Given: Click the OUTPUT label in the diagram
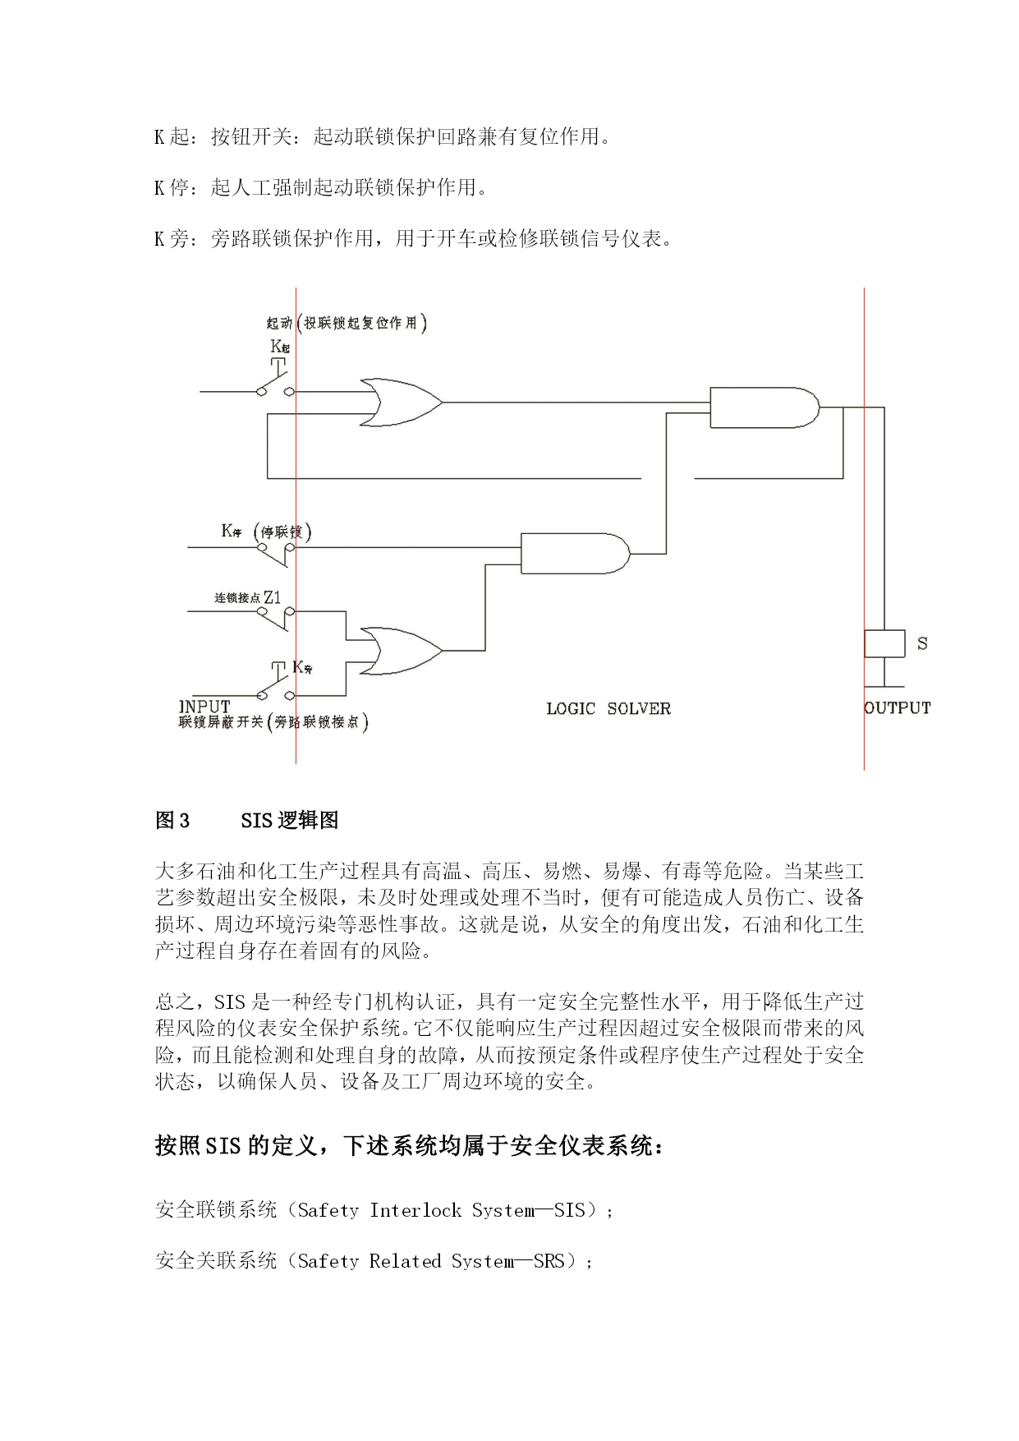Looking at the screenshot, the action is pyautogui.click(x=897, y=708).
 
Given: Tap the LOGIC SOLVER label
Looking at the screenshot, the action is pyautogui.click(x=608, y=708).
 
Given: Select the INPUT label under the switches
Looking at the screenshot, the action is pyautogui.click(x=204, y=707).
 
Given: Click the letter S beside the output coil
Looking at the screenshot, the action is pyautogui.click(x=922, y=643).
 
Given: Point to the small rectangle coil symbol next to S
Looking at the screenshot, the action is pyautogui.click(x=884, y=643).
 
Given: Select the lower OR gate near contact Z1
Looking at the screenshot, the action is pyautogui.click(x=402, y=651).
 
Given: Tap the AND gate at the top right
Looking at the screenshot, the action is pyautogui.click(x=764, y=407).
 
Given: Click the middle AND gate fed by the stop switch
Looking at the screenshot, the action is pyautogui.click(x=576, y=553).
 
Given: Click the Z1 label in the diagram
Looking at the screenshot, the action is pyautogui.click(x=272, y=597).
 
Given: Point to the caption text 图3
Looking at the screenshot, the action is pyautogui.click(x=172, y=820).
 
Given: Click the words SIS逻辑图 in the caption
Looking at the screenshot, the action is pyautogui.click(x=290, y=820).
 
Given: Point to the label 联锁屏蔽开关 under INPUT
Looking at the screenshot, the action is pyautogui.click(x=221, y=722).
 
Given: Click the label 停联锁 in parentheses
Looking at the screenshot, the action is pyautogui.click(x=282, y=532).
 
